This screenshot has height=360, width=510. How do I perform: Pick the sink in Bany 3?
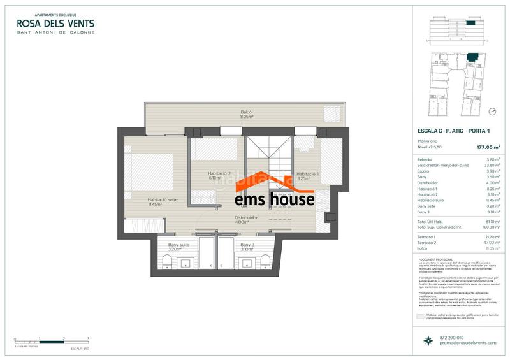point(244,263)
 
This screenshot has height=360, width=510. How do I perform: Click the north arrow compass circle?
point(492,112)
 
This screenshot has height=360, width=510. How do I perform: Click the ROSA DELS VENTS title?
point(55,24)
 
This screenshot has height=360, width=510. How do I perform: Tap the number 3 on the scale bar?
point(88,338)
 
